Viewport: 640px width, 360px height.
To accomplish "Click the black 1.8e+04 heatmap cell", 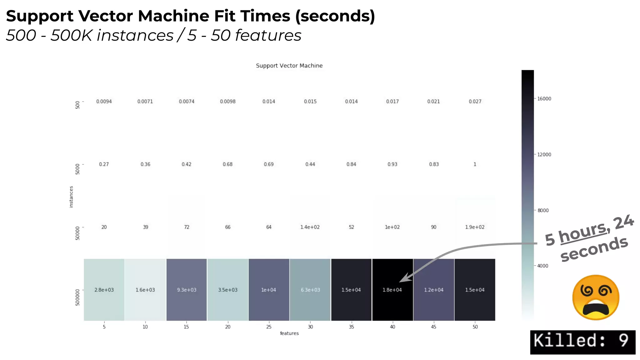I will pos(392,290).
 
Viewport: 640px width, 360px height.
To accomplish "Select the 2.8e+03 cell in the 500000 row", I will pos(104,290).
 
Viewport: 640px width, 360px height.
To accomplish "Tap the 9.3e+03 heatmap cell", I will pos(187,290).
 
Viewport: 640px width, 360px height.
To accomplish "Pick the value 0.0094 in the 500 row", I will pos(104,102).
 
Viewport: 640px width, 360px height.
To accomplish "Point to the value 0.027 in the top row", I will pos(475,102).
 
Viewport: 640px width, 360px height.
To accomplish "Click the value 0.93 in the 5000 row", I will pos(392,164).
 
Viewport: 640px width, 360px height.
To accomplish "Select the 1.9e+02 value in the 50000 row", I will pos(475,227).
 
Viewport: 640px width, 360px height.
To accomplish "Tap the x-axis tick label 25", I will pos(269,327).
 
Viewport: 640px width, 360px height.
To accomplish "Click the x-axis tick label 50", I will pos(475,327).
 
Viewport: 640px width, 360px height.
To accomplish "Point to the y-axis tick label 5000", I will pos(77,169).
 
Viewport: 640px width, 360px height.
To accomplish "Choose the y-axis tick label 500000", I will pos(77,297).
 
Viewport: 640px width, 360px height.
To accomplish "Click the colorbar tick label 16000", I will pos(544,99).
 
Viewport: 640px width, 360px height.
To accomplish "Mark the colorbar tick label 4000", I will pos(543,266).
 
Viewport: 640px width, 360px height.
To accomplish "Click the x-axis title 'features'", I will pos(289,333).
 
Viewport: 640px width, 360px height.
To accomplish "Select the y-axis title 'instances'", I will pos(71,197).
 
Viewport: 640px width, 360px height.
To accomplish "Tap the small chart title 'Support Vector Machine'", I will pos(289,66).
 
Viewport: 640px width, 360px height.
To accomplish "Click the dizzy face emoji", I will pos(596,297).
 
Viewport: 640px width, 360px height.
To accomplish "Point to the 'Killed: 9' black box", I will pos(582,342).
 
